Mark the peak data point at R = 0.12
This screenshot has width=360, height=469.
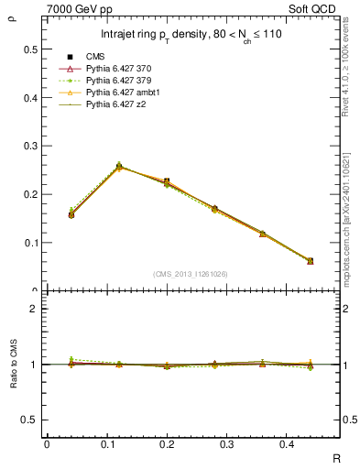click(119, 167)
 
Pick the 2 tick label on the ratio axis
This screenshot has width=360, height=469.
click(33, 309)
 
